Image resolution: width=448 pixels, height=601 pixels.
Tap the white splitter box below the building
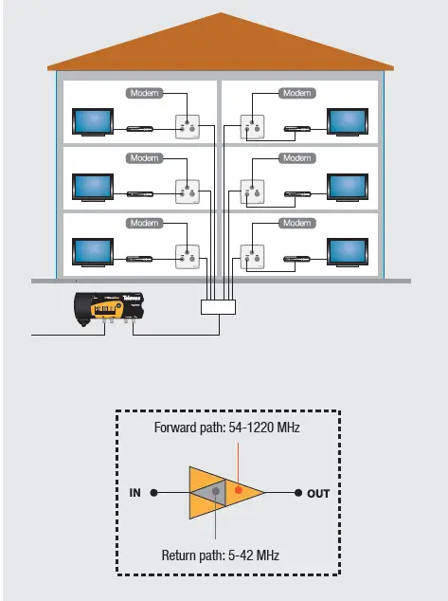pyautogui.click(x=220, y=307)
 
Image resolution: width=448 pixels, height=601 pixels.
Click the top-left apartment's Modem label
pyautogui.click(x=145, y=93)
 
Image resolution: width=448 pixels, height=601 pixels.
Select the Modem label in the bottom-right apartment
pyautogui.click(x=296, y=223)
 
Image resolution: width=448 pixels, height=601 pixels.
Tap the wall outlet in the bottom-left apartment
pyautogui.click(x=188, y=256)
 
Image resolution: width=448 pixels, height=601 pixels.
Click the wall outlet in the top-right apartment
pyautogui.click(x=253, y=126)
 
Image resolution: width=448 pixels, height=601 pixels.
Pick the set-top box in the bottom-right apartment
pyautogui.click(x=302, y=257)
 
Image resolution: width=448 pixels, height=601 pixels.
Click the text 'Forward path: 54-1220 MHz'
pyautogui.click(x=226, y=428)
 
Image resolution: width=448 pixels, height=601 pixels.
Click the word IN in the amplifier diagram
pyautogui.click(x=134, y=494)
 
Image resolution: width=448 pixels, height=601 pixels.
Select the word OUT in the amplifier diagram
pyautogui.click(x=319, y=494)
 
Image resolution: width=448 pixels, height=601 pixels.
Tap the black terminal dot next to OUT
pyautogui.click(x=297, y=494)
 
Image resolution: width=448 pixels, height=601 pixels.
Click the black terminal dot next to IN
pyautogui.click(x=154, y=494)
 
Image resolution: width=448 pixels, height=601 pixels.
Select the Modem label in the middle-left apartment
pyautogui.click(x=145, y=157)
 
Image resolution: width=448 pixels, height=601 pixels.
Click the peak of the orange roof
pyautogui.click(x=220, y=14)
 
